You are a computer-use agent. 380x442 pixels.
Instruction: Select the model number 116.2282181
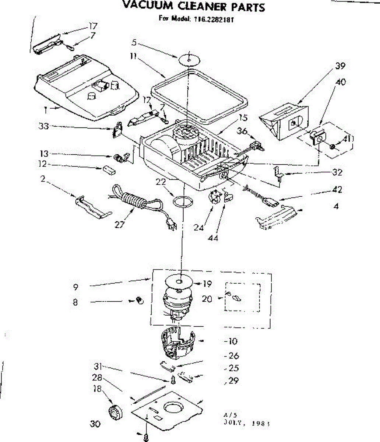tap(212, 19)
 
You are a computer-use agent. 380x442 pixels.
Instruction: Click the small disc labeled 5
tap(189, 59)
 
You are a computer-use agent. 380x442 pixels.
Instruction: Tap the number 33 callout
tap(43, 126)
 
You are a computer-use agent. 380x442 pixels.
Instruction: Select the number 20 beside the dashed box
tap(207, 299)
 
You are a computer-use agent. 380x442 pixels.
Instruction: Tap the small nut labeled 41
tap(332, 147)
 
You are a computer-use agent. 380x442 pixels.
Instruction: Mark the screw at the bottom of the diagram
tap(146, 438)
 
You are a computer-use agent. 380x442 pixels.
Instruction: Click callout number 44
tap(213, 238)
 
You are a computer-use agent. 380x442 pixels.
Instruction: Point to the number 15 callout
tap(243, 118)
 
